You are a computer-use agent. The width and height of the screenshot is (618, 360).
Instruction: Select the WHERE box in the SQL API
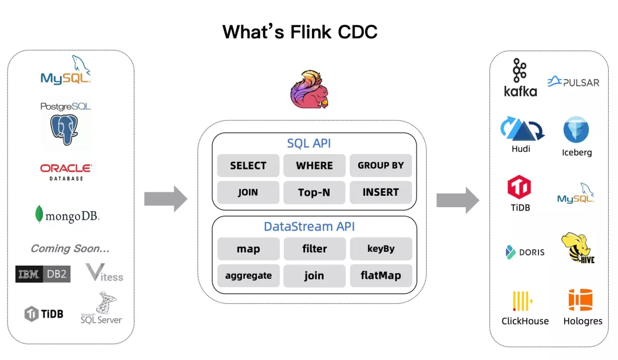(x=314, y=165)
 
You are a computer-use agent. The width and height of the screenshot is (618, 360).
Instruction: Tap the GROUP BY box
(x=381, y=165)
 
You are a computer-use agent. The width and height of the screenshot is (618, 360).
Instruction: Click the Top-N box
(x=314, y=192)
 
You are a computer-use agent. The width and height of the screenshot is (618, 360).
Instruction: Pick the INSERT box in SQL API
(x=381, y=192)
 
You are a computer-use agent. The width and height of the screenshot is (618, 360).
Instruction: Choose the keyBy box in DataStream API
(x=381, y=249)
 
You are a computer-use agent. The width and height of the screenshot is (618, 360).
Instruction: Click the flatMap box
(x=381, y=275)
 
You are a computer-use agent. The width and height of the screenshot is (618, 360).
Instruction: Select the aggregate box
(x=248, y=275)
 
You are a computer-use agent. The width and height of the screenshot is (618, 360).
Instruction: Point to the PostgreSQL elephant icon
(x=64, y=129)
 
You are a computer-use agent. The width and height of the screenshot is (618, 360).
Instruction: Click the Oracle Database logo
(x=66, y=171)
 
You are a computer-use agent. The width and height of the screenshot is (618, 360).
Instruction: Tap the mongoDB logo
(x=67, y=215)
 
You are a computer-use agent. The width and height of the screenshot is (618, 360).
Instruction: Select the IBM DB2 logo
(x=42, y=275)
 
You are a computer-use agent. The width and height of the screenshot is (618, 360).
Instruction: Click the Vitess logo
(x=104, y=273)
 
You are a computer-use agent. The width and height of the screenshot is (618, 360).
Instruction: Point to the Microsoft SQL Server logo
(x=101, y=309)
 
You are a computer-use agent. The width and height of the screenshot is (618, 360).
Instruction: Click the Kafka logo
(x=520, y=77)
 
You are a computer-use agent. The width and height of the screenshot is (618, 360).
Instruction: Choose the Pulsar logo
(x=573, y=82)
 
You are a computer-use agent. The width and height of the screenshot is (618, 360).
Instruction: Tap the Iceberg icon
(x=576, y=130)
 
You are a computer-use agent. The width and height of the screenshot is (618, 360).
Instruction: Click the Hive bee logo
(x=577, y=248)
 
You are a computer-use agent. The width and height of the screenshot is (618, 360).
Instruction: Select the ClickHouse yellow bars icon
(x=522, y=300)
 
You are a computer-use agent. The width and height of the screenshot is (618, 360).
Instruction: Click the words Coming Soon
(x=70, y=248)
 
